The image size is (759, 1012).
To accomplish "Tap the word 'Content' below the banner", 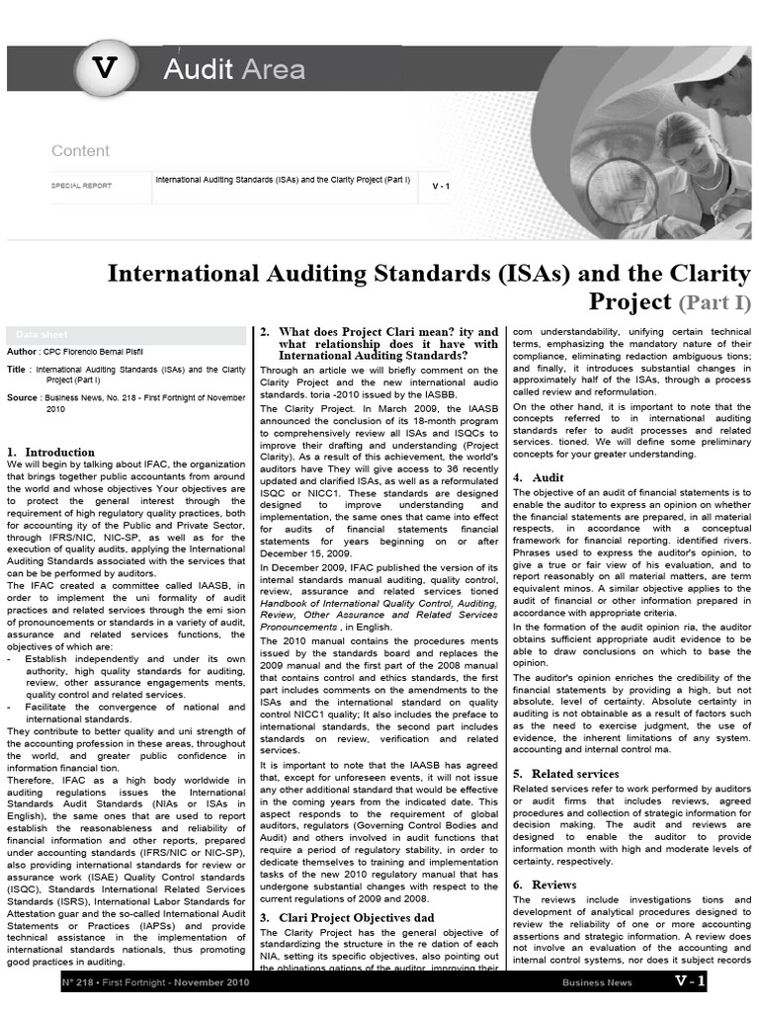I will tap(80, 151).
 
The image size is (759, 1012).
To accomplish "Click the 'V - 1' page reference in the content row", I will tap(441, 186).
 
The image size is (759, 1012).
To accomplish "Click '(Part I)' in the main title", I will tap(713, 301).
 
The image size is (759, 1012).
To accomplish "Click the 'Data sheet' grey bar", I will tap(125, 335).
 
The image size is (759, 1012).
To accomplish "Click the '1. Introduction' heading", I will tap(51, 452).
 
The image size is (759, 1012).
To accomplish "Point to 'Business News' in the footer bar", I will tap(596, 982).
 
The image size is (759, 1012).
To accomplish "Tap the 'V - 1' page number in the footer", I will tap(690, 981).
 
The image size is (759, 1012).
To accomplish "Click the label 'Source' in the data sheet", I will tap(22, 397).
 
